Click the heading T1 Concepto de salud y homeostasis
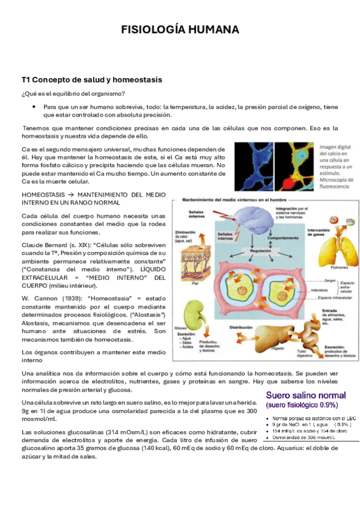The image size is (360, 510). (92, 79)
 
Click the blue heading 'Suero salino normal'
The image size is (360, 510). (305, 395)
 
